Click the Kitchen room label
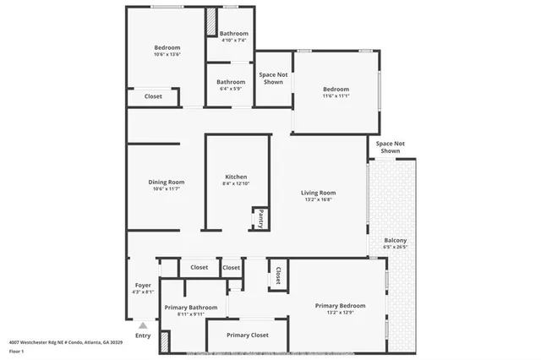(x=236, y=177)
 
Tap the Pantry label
(x=261, y=218)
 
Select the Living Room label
(x=319, y=193)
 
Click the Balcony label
(x=396, y=240)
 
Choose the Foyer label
(x=143, y=285)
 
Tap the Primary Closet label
(x=248, y=335)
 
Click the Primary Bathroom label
(x=191, y=307)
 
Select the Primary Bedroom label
(x=340, y=305)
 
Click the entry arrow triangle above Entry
(x=143, y=324)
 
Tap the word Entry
(x=143, y=335)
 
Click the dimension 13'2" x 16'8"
(x=319, y=201)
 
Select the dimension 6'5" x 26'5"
(x=396, y=248)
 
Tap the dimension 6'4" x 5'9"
(x=231, y=89)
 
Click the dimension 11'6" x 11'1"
(x=336, y=96)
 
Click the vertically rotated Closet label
(x=278, y=275)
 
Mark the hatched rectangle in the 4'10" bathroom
(x=211, y=22)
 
